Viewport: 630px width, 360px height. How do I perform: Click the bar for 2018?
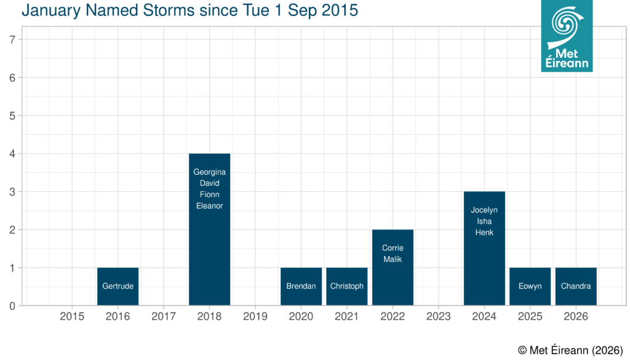pos(209,258)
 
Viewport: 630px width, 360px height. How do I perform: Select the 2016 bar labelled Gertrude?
pos(118,286)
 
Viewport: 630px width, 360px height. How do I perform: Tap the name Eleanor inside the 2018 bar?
pos(209,206)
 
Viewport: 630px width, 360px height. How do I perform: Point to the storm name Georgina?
pos(209,172)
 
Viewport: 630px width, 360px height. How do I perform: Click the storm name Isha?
pos(484,221)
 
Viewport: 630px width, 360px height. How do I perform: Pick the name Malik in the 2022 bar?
pos(393,259)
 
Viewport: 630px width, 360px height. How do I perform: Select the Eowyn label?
pos(530,286)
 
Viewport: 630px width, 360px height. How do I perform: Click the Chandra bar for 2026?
pos(576,286)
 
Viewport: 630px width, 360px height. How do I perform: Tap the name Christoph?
pos(347,286)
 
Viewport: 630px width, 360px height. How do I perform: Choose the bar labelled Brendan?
pos(301,286)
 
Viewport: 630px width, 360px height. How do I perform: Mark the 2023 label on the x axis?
pos(439,317)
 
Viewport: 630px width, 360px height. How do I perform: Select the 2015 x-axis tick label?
pos(72,317)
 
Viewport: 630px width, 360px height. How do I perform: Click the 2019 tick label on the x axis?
pos(255,317)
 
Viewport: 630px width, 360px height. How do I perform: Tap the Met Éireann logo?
pos(567,36)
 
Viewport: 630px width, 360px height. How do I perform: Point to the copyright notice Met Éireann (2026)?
pos(570,350)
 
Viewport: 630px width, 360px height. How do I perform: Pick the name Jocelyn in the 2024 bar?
pos(484,210)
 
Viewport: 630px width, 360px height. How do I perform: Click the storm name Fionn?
pos(209,194)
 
